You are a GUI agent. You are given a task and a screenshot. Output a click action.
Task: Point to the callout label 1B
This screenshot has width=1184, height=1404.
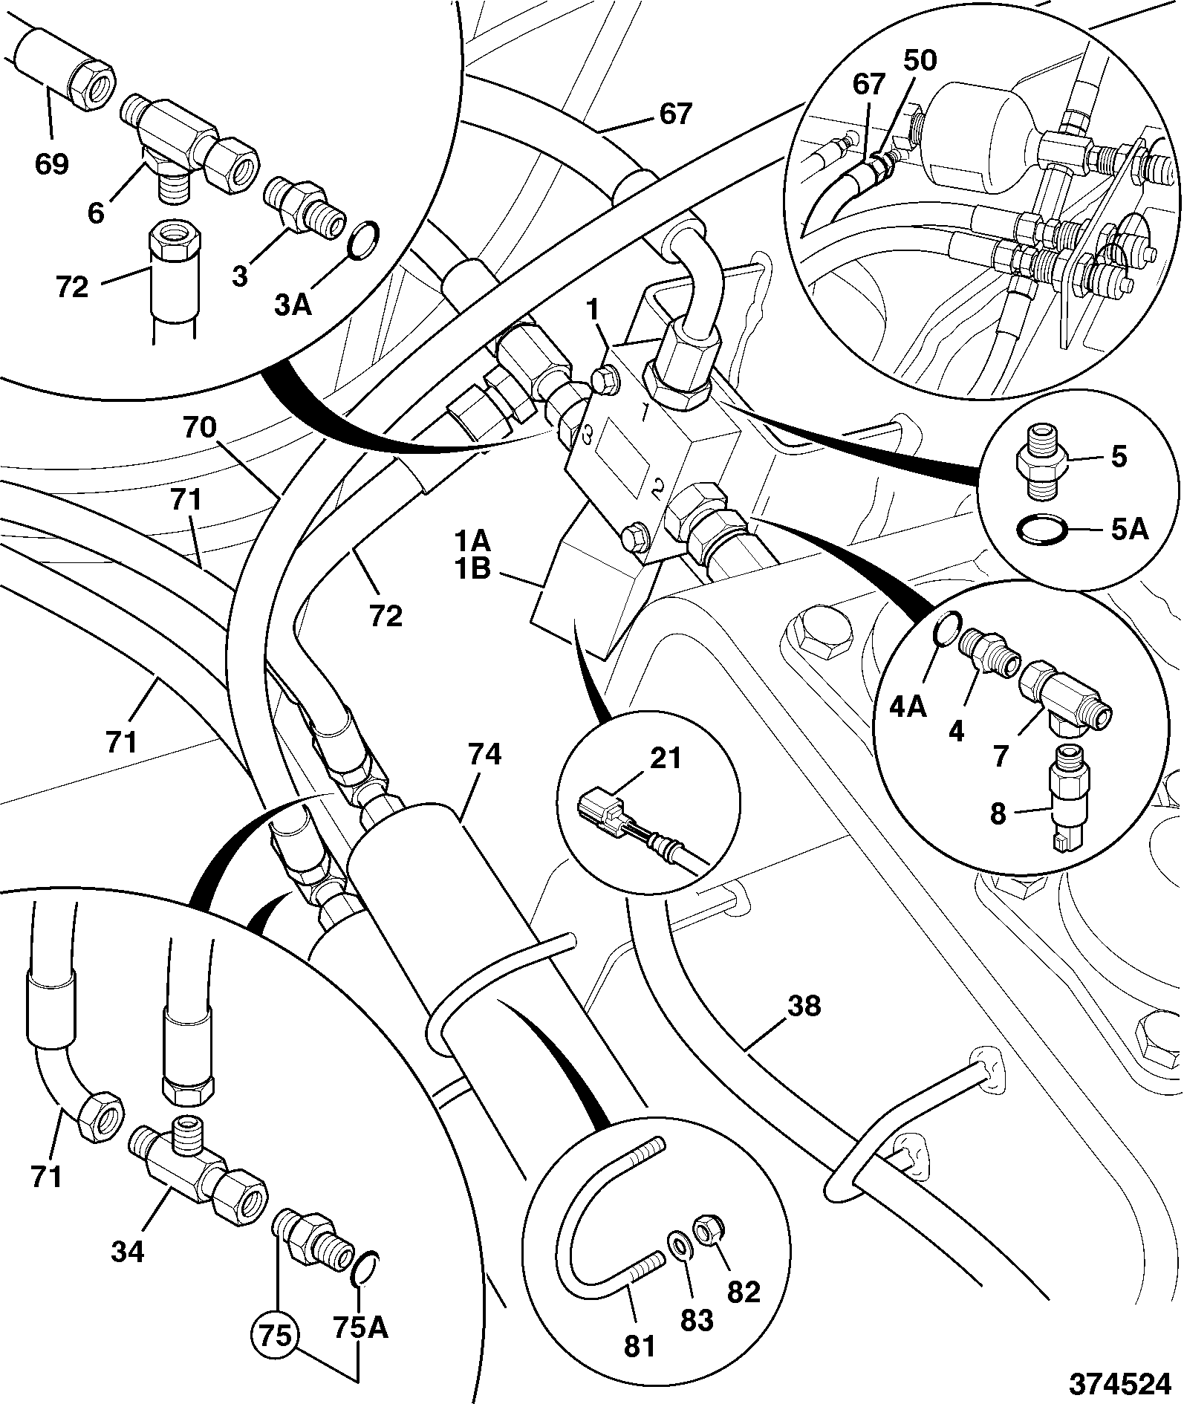coord(472,571)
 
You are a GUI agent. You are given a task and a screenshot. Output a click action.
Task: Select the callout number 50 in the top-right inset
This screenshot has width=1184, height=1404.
coord(919,61)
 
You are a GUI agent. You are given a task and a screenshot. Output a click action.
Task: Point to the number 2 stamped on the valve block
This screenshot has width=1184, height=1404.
coord(657,489)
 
